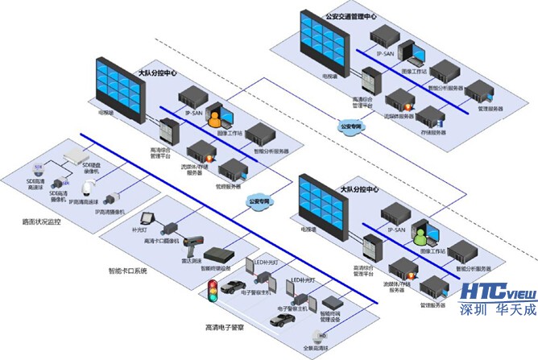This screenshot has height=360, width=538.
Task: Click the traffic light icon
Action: (213, 292)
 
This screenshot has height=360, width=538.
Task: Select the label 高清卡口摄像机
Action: (161, 241)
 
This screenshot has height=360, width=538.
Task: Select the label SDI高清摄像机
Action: (56, 196)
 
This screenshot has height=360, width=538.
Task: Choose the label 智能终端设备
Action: (216, 268)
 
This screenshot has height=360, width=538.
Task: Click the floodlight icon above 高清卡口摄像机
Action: (147, 217)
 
